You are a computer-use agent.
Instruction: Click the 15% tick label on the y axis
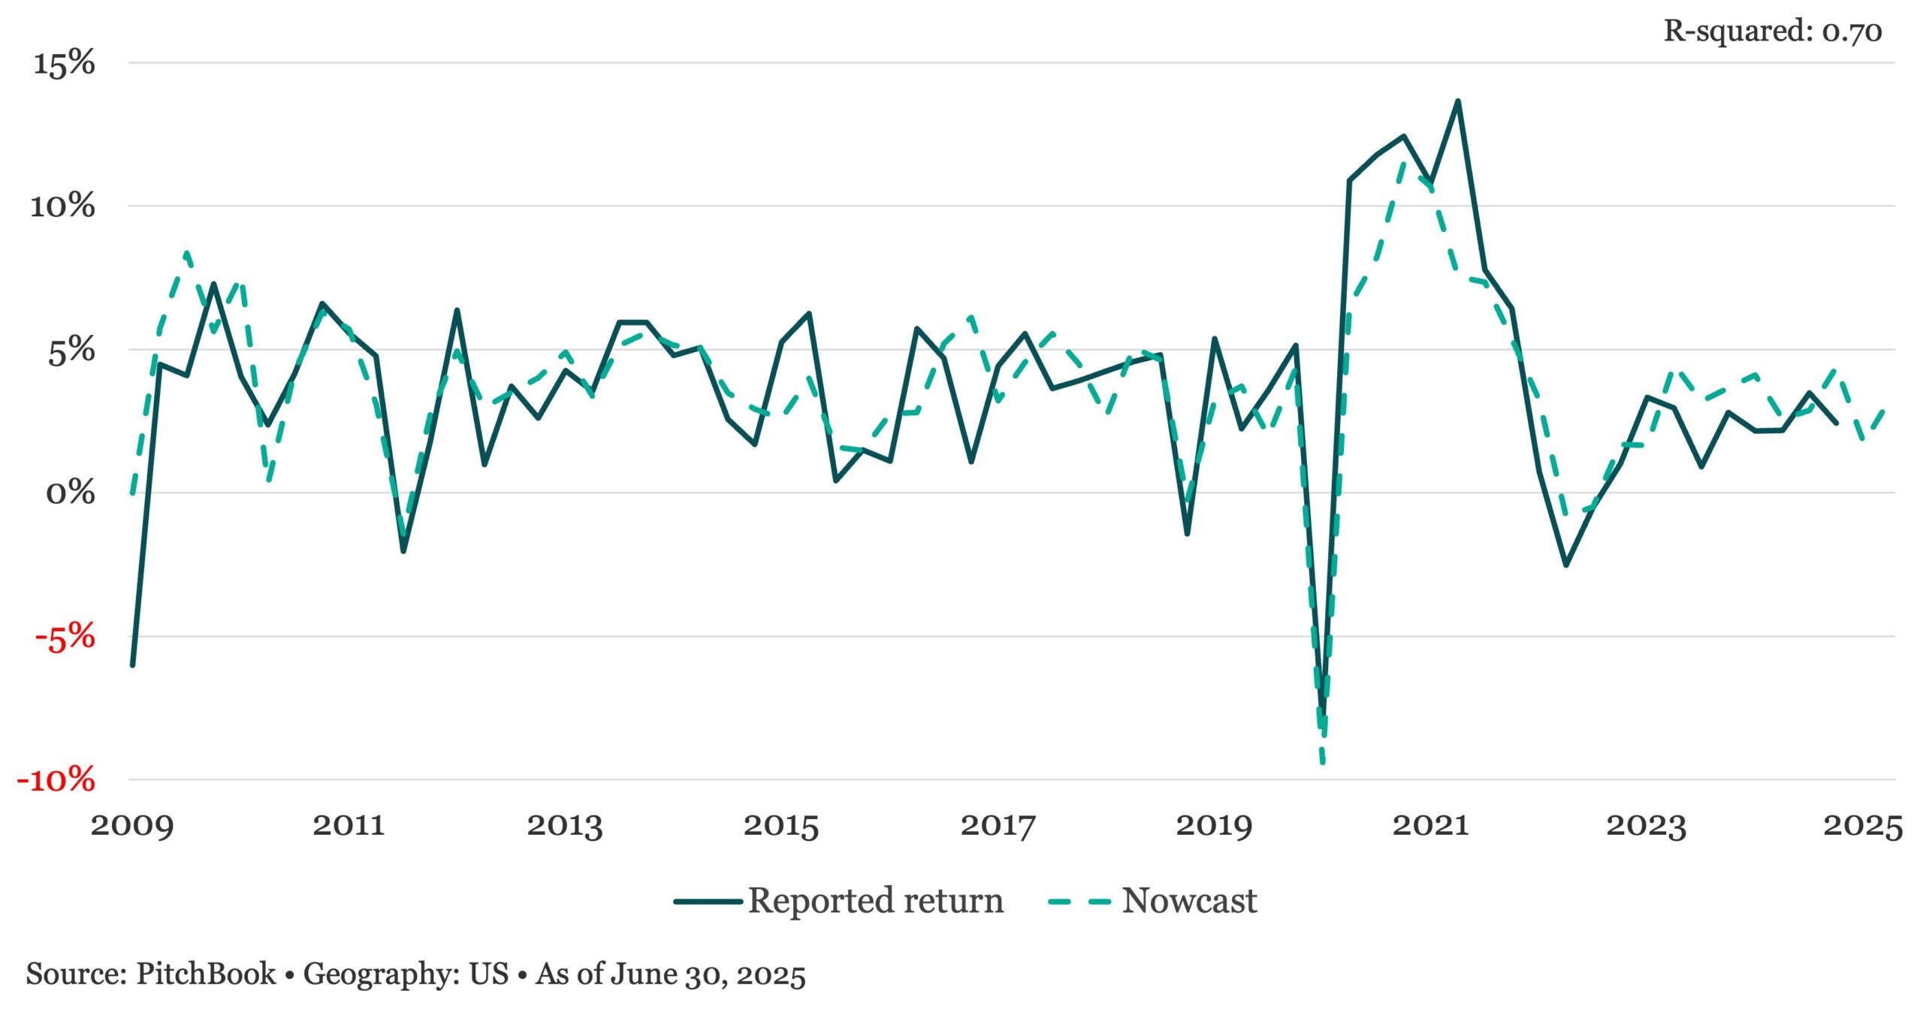coord(64,62)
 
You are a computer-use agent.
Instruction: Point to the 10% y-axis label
coord(62,206)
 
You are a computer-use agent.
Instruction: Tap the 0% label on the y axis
coord(71,493)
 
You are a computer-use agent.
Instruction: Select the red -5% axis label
coord(65,637)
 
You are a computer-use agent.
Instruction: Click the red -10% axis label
coord(56,780)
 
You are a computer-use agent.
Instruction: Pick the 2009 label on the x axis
coord(132,826)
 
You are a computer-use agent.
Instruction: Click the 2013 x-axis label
coord(565,826)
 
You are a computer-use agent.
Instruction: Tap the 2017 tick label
coord(998,826)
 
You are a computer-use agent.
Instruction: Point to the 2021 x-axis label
coord(1430,826)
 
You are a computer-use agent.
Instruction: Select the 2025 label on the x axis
coord(1863,826)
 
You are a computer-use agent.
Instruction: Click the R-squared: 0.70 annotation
coord(1773,32)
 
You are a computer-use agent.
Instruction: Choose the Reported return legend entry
coord(839,901)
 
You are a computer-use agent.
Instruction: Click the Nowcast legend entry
coord(1152,901)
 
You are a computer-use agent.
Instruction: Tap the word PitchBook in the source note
coord(206,974)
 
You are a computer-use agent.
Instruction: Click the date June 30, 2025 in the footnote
coord(708,974)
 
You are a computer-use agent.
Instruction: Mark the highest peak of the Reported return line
coord(1458,101)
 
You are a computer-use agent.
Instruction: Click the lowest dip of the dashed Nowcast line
coord(1323,763)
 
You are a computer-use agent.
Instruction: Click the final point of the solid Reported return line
coord(1837,423)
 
